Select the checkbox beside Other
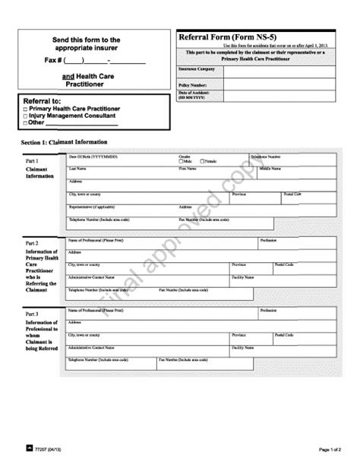25,122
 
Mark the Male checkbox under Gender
181,161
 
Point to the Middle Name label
270,169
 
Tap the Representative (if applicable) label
92,206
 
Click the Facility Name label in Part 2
243,277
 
